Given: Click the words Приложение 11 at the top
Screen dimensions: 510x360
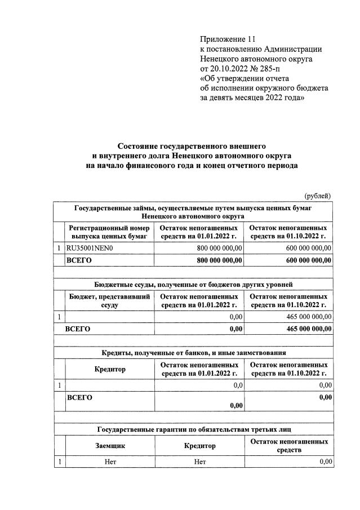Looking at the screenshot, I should pyautogui.click(x=228, y=39).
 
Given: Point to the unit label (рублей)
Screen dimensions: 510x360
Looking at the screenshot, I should pyautogui.click(x=318, y=196).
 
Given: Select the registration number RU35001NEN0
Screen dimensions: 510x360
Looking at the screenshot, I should pyautogui.click(x=90, y=247).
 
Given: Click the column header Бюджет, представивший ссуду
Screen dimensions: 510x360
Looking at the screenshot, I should pyautogui.click(x=109, y=300).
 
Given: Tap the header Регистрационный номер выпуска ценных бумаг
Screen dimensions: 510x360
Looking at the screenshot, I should pyautogui.click(x=109, y=232).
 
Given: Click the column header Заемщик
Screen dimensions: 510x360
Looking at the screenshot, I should pyautogui.click(x=110, y=445).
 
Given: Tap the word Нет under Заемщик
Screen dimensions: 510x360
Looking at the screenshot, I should pyautogui.click(x=110, y=462).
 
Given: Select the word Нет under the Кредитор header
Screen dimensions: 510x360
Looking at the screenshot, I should pyautogui.click(x=200, y=462).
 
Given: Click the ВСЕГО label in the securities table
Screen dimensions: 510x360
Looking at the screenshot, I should pyautogui.click(x=79, y=260).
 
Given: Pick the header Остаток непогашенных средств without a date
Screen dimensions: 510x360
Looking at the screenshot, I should pyautogui.click(x=289, y=445).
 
